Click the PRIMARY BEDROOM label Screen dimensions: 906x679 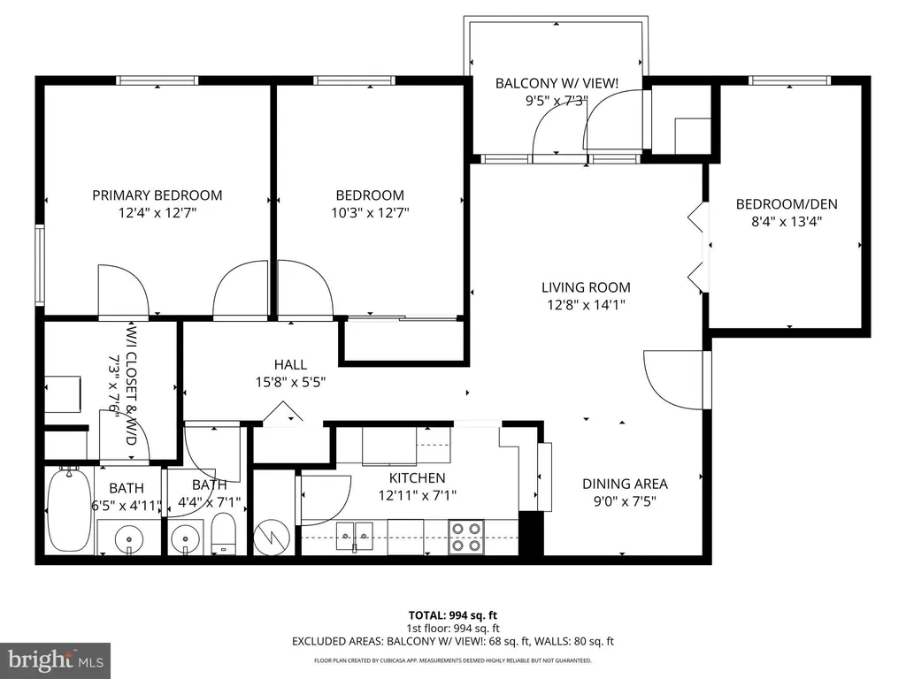click(157, 195)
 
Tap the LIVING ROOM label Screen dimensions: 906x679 click(586, 287)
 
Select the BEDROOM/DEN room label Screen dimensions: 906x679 click(787, 204)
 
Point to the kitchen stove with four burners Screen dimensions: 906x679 click(466, 537)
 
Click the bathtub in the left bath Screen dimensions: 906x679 click(69, 510)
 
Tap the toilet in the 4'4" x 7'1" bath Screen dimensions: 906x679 click(223, 533)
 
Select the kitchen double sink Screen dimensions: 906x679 click(355, 537)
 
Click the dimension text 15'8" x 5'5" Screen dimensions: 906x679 click(290, 382)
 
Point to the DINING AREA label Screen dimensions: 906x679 click(625, 484)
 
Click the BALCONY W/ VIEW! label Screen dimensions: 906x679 click(557, 83)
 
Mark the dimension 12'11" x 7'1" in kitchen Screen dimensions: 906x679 click(418, 495)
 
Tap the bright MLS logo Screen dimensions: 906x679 click(56, 660)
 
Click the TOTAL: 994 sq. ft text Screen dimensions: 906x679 click(452, 615)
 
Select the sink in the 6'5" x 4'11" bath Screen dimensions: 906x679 click(129, 541)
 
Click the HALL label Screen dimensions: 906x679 click(290, 364)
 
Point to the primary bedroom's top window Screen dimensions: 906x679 click(157, 80)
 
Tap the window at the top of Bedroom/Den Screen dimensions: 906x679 click(790, 80)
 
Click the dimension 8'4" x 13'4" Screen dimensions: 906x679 click(787, 221)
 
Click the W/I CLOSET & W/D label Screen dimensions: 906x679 click(131, 384)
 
